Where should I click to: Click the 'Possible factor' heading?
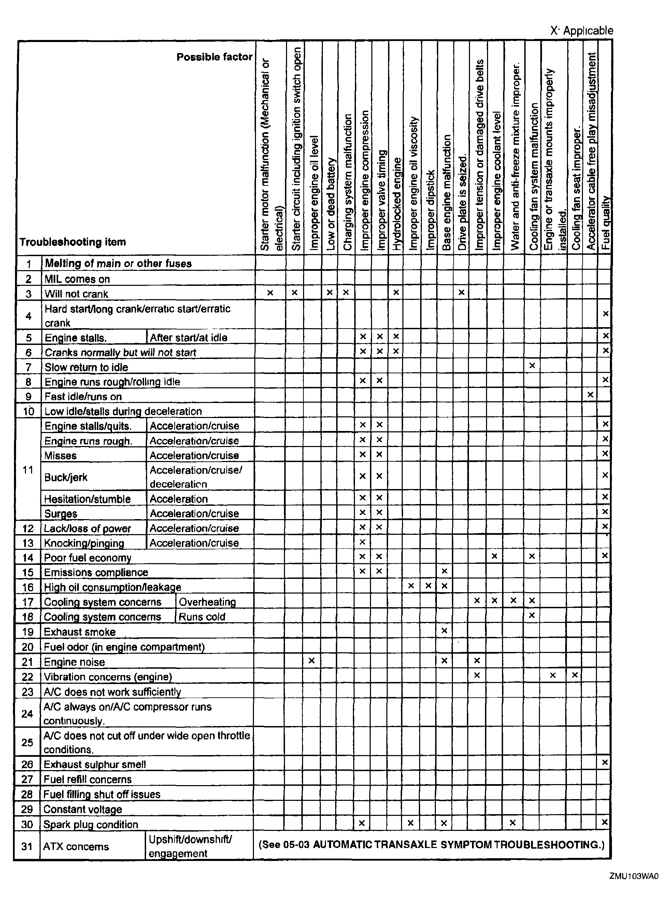click(214, 57)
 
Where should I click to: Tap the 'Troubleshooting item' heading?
click(73, 242)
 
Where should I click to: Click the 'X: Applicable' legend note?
click(581, 30)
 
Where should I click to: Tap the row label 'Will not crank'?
click(76, 294)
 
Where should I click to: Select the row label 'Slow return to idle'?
click(86, 367)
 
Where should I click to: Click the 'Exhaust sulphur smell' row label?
click(95, 764)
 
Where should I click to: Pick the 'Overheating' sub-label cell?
click(207, 602)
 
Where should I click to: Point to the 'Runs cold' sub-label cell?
click(202, 616)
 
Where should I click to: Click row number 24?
click(27, 714)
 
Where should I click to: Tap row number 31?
click(27, 847)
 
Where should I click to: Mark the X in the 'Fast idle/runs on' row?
click(590, 394)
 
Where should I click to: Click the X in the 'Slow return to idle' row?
click(532, 365)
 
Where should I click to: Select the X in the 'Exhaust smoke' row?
click(444, 631)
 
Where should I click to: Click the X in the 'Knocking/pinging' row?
click(363, 542)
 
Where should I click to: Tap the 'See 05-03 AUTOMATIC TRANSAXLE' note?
click(431, 845)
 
